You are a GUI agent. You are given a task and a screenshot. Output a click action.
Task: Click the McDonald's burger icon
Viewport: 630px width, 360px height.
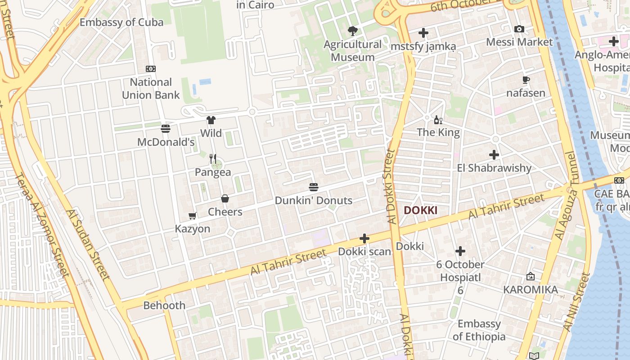(x=165, y=129)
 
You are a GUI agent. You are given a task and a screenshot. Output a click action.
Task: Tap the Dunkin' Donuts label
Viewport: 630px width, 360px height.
(x=313, y=201)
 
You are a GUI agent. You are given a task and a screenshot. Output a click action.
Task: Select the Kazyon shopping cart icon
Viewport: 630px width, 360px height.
(x=193, y=216)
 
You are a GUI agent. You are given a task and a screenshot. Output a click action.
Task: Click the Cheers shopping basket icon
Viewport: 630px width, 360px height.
(x=225, y=198)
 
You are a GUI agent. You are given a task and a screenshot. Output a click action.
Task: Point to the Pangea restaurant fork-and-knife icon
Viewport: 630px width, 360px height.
(x=213, y=159)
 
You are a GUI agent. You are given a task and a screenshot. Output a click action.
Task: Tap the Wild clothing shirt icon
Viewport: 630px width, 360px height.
(x=211, y=120)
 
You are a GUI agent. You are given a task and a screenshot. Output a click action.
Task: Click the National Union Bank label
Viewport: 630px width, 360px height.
(x=151, y=89)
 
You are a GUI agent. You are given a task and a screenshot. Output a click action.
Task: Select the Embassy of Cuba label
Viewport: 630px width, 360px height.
(x=121, y=22)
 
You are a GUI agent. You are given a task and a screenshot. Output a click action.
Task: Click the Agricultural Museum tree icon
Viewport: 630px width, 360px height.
(x=353, y=31)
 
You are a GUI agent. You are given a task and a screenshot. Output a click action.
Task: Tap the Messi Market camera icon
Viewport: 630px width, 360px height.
(x=519, y=29)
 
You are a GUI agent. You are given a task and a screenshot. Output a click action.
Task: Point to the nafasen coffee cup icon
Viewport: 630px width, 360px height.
(x=526, y=80)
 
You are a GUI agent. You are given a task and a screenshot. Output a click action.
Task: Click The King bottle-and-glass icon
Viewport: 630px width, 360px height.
(x=438, y=120)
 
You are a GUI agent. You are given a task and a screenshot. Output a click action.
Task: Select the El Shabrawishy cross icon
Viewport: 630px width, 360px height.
(x=494, y=155)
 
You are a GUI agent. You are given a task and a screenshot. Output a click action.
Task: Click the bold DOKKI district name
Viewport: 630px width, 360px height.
(x=420, y=210)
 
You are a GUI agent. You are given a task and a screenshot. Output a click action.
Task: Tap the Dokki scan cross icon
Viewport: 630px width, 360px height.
(x=364, y=238)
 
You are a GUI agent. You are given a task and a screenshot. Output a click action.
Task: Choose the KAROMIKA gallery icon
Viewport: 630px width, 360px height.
(x=531, y=276)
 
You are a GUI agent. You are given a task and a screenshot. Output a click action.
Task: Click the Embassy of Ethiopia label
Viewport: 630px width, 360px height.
(x=479, y=330)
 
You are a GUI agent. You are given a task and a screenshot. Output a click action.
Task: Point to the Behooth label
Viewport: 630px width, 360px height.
(x=164, y=306)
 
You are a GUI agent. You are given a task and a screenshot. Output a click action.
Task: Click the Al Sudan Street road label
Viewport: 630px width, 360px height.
(x=87, y=245)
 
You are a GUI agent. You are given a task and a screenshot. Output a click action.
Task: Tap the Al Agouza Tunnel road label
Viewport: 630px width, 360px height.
(x=565, y=196)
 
